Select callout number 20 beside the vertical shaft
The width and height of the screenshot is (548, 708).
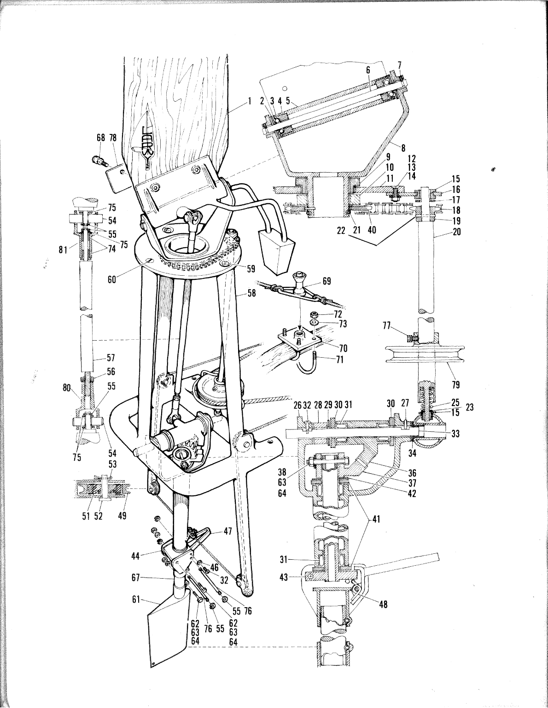pyautogui.click(x=456, y=232)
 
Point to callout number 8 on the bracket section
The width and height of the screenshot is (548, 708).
pyautogui.click(x=403, y=148)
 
